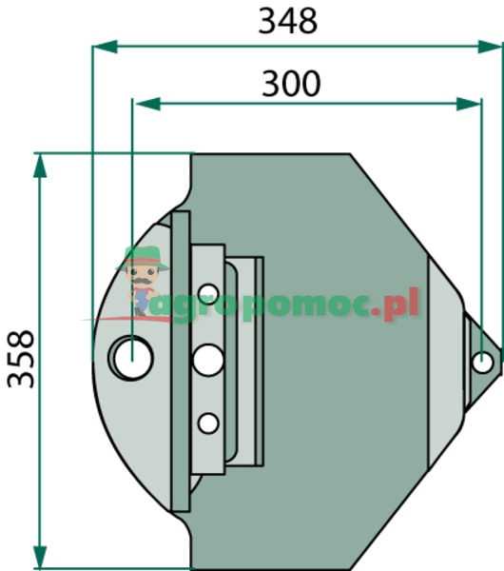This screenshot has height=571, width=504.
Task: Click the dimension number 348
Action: (288, 22)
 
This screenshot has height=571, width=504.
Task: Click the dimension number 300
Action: (291, 84)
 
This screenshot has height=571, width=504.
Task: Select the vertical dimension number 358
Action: (21, 359)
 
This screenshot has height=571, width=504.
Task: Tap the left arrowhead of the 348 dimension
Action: (105, 47)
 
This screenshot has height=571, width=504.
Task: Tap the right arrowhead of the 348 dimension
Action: (490, 47)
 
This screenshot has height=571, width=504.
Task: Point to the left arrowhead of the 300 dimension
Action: (147, 104)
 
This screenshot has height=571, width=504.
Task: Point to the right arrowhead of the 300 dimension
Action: (469, 104)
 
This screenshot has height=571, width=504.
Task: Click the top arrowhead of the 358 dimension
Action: (40, 166)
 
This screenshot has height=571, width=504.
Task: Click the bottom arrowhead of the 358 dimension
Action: (40, 557)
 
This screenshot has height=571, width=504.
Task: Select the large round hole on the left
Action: (131, 359)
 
